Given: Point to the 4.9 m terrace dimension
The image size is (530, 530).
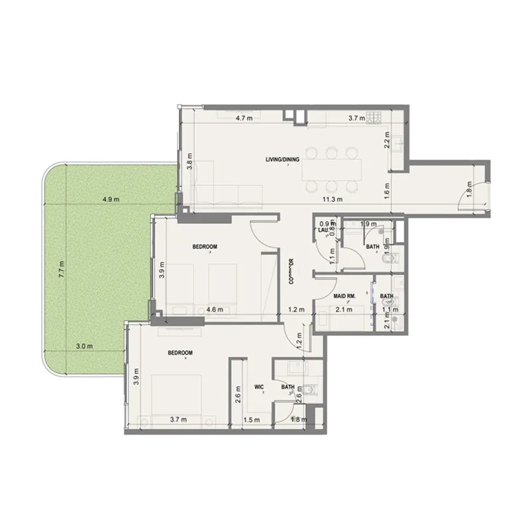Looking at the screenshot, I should [x=111, y=199].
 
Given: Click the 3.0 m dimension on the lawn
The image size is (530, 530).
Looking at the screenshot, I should [x=84, y=345].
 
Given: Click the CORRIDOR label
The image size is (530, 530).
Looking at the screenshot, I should [x=291, y=271].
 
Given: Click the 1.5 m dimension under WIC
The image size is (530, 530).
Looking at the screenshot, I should [x=251, y=419].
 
